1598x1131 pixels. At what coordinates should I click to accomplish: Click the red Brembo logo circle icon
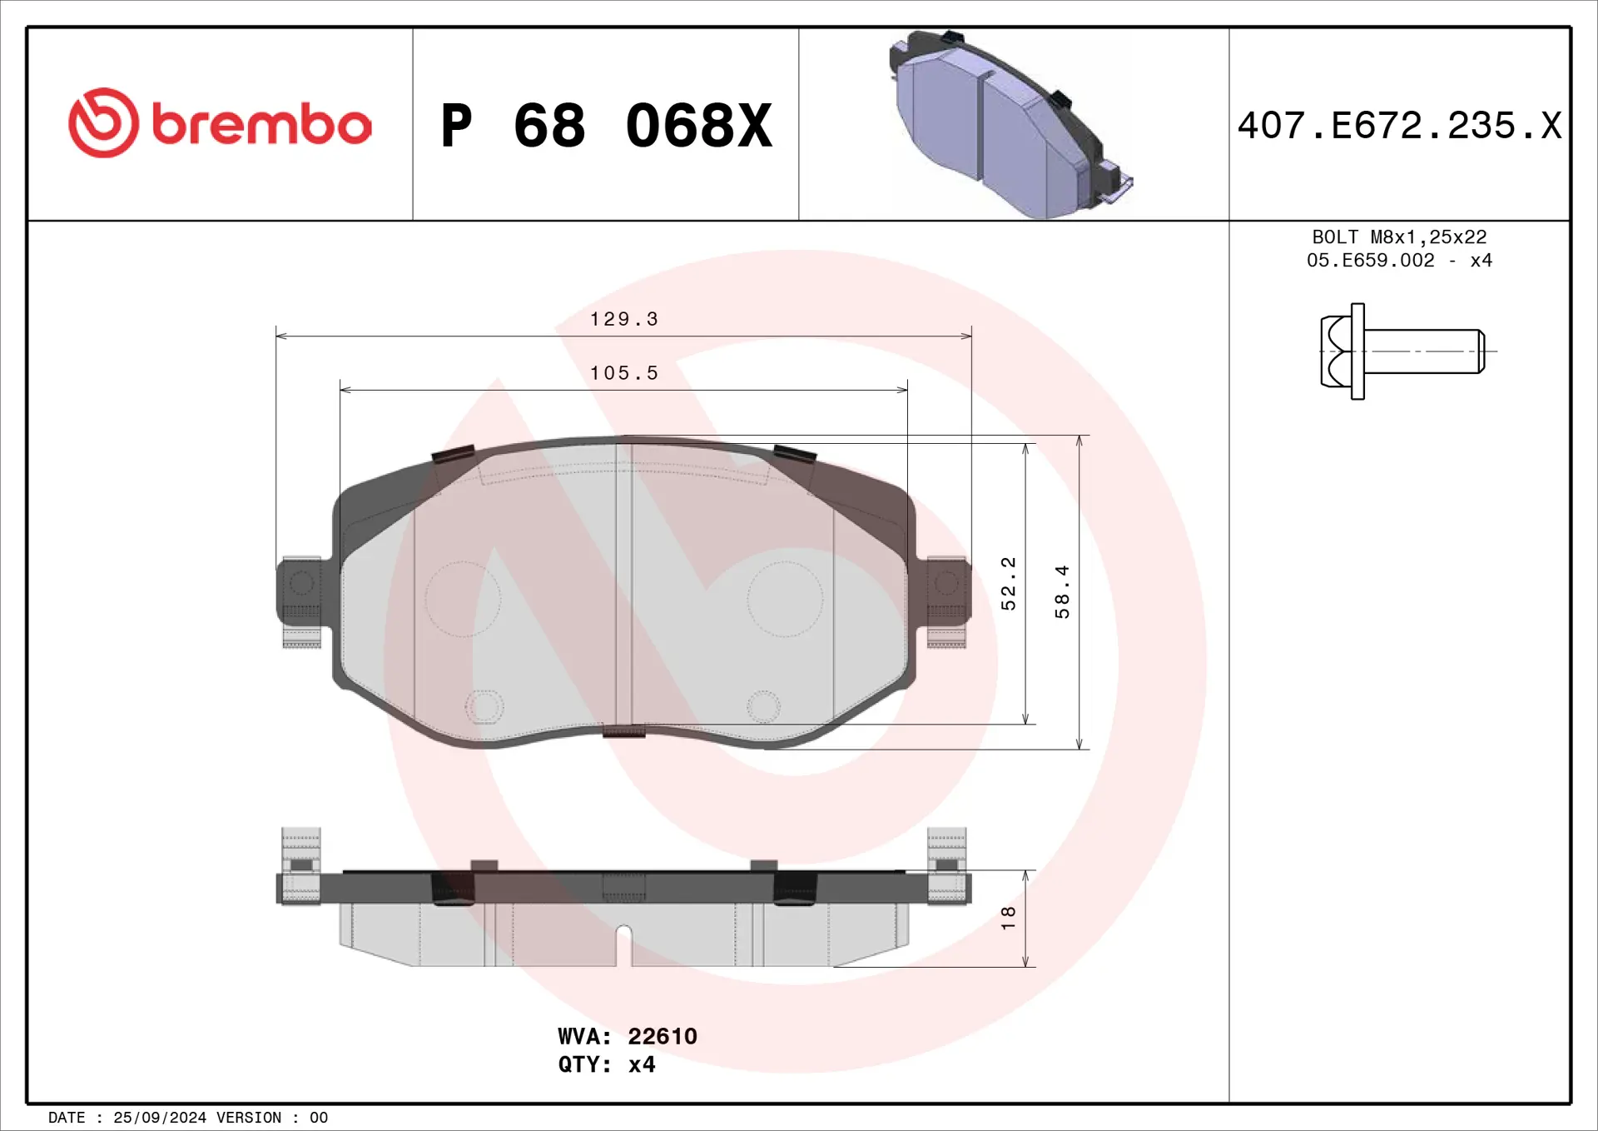(103, 123)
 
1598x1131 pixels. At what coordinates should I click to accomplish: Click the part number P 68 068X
(606, 127)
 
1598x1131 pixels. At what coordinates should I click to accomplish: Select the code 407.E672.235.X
(1399, 126)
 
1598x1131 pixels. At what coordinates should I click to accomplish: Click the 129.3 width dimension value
(623, 319)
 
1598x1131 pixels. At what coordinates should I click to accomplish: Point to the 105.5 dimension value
(623, 373)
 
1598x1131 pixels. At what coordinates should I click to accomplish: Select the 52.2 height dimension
(1008, 583)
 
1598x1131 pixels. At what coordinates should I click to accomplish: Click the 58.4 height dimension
(1062, 591)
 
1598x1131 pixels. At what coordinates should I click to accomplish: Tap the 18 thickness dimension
(1008, 917)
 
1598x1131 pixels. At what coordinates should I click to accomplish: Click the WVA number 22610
(662, 1036)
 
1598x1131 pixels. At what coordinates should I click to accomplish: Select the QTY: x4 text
(606, 1064)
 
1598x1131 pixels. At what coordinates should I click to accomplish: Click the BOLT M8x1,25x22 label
(1399, 237)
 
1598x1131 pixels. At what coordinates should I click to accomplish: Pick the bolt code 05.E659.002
(1370, 261)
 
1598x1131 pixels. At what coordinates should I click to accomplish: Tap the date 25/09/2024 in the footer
(159, 1118)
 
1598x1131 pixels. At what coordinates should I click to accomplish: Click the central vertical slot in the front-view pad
(623, 583)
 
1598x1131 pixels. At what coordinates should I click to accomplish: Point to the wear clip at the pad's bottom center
(623, 732)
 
